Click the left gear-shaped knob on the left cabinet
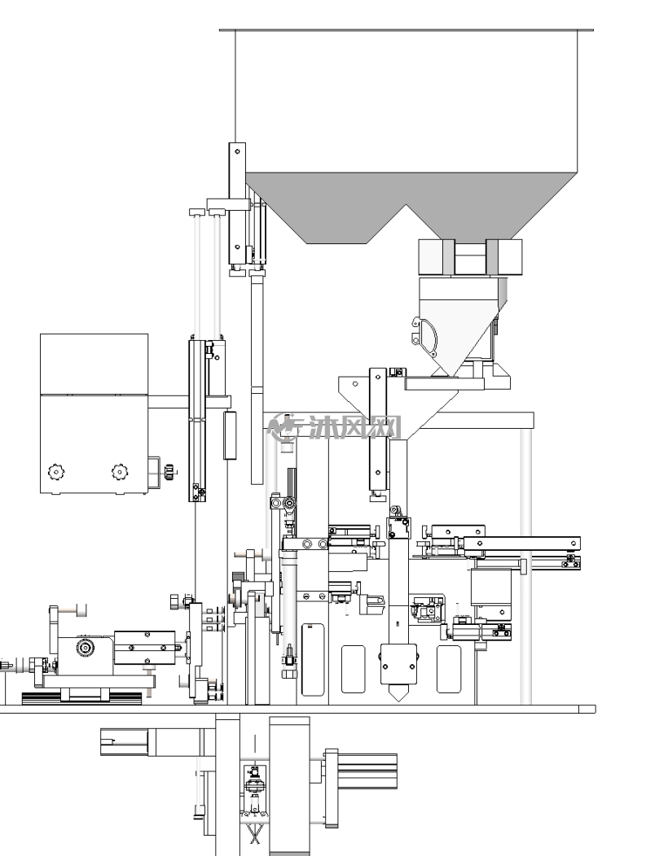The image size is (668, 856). pyautogui.click(x=55, y=471)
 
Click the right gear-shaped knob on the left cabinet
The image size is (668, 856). pyautogui.click(x=121, y=472)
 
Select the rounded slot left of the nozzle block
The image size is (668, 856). pyautogui.click(x=353, y=670)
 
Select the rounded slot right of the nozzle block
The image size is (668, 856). pyautogui.click(x=448, y=670)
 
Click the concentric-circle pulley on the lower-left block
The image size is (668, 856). pyautogui.click(x=86, y=648)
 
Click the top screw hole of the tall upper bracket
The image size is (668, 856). pyautogui.click(x=237, y=151)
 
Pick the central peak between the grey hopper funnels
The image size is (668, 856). pyautogui.click(x=406, y=206)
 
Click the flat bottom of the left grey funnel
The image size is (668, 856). pyautogui.click(x=336, y=243)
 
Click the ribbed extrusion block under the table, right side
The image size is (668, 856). pyautogui.click(x=367, y=771)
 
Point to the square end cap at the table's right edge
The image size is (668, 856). pyautogui.click(x=587, y=710)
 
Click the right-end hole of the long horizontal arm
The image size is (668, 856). pyautogui.click(x=574, y=544)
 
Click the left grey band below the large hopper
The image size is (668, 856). pyautogui.click(x=449, y=257)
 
